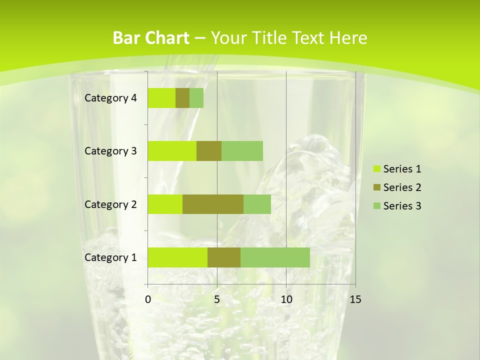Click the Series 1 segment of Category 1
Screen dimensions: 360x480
[x=177, y=257]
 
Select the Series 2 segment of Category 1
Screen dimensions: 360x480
[x=224, y=257]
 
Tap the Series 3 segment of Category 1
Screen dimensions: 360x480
[x=275, y=257]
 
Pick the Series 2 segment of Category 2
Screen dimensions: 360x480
[x=213, y=204]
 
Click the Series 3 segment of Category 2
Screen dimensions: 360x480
[x=257, y=204]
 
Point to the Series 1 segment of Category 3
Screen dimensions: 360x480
[x=172, y=151]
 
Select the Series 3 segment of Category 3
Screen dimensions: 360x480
[x=242, y=151]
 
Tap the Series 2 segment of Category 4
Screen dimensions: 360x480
[x=182, y=98]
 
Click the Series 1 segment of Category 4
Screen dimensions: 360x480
[x=161, y=98]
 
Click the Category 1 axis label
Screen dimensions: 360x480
[x=110, y=257]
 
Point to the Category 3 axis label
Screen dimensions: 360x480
[x=110, y=151]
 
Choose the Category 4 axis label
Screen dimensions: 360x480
[x=110, y=98]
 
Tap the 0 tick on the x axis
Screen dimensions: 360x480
[x=148, y=299]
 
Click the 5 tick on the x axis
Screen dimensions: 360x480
[x=217, y=299]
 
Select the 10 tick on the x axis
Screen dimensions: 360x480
[x=286, y=299]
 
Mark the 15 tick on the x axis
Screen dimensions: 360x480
[x=355, y=299]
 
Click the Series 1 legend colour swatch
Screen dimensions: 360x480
[x=376, y=169]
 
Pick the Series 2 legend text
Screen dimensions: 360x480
[x=402, y=187]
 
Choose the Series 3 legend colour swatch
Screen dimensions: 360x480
[x=376, y=206]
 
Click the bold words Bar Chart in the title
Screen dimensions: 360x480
[x=151, y=38]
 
